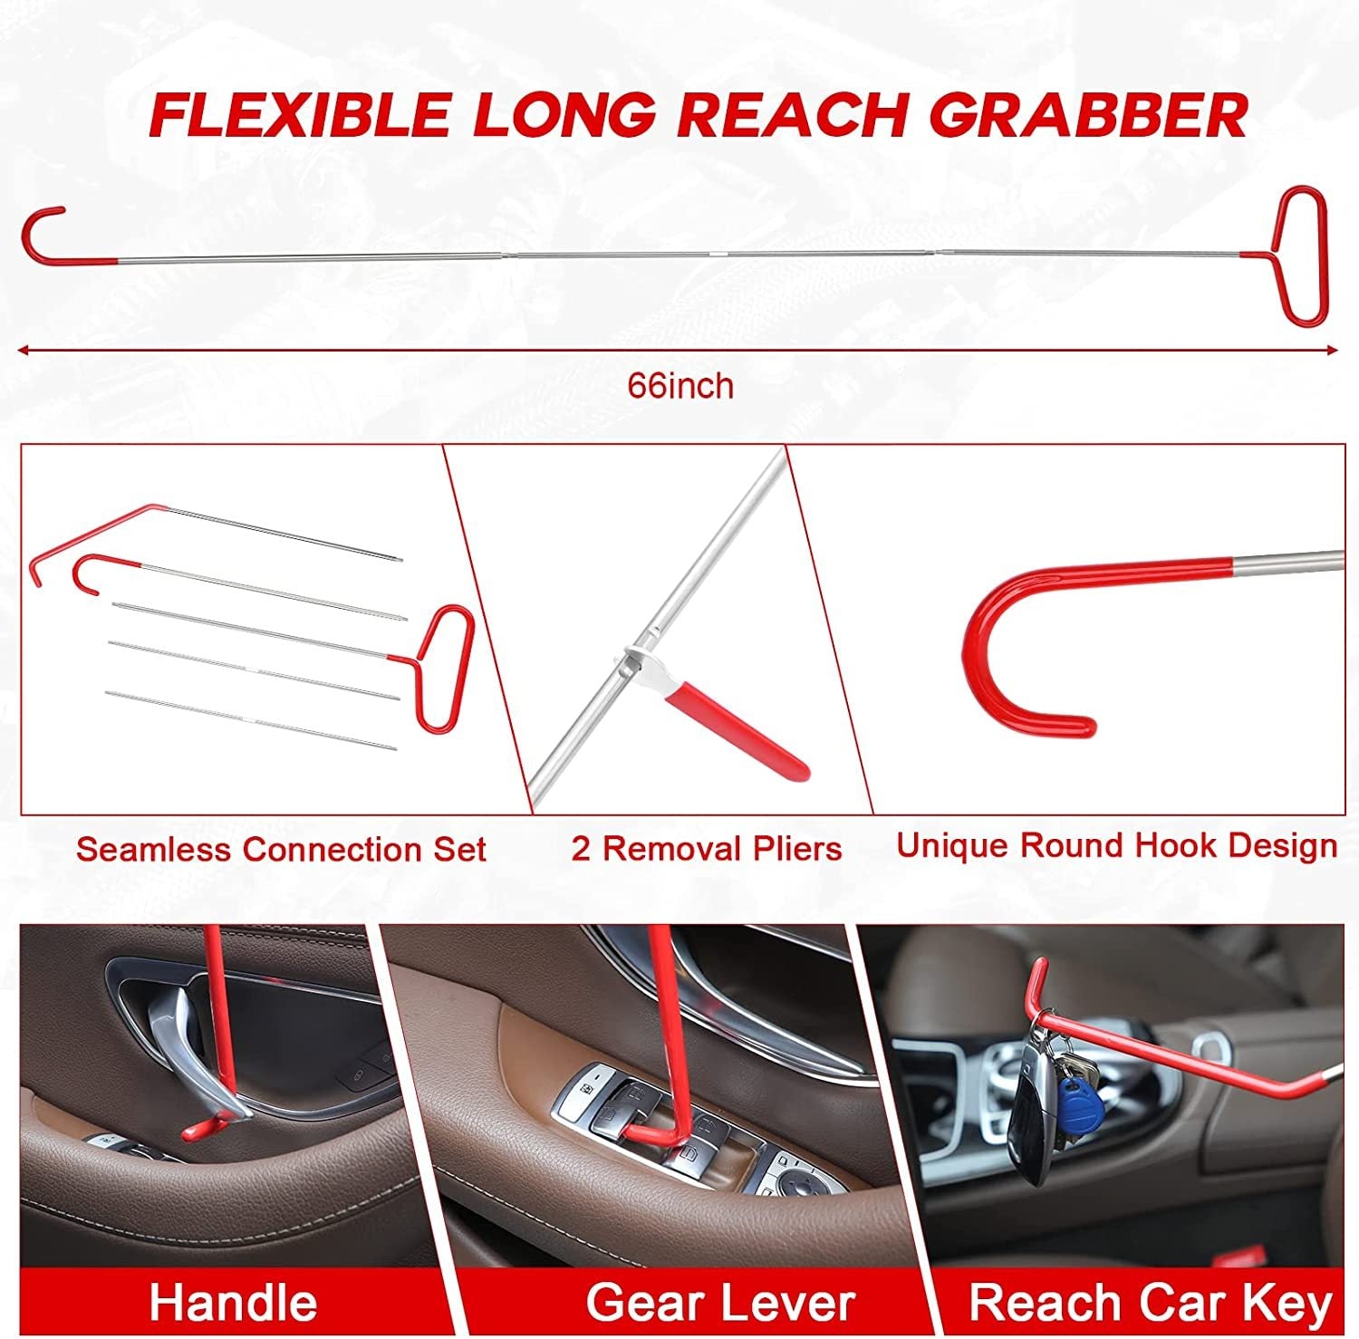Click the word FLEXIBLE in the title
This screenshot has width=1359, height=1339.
(299, 114)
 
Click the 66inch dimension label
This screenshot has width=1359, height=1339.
(681, 386)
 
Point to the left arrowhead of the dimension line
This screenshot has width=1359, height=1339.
(24, 348)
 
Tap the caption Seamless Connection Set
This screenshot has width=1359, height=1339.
(281, 850)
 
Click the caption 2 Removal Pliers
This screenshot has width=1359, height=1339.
(707, 849)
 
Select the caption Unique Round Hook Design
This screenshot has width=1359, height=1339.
(1117, 846)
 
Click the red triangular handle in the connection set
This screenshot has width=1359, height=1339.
(444, 666)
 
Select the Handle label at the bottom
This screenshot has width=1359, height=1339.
(234, 1302)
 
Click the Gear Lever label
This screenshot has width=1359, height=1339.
(720, 1302)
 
